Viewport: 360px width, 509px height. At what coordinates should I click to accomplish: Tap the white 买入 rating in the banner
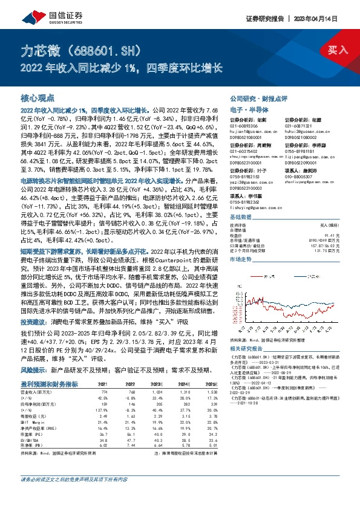(336, 50)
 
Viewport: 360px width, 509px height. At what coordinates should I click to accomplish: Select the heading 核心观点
(38, 97)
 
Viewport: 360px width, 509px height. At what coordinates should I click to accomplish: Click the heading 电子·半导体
(246, 109)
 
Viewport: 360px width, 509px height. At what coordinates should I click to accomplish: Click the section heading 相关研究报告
(246, 349)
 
